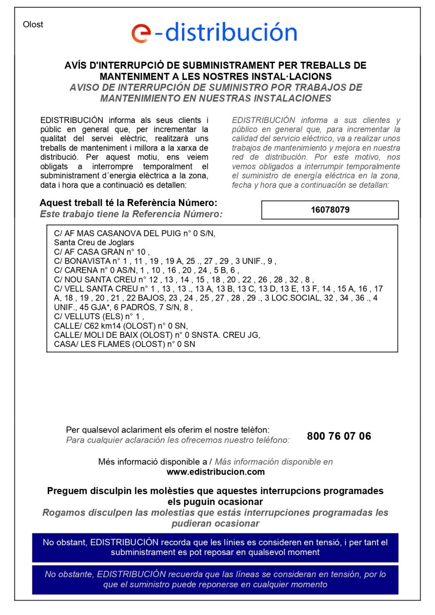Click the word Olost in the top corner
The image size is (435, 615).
[33, 25]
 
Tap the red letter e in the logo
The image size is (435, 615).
[140, 33]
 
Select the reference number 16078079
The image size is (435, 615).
[330, 210]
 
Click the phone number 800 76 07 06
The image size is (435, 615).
[339, 436]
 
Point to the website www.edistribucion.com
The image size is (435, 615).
[215, 471]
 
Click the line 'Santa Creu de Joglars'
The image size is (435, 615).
[94, 242]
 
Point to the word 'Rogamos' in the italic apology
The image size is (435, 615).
[63, 512]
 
